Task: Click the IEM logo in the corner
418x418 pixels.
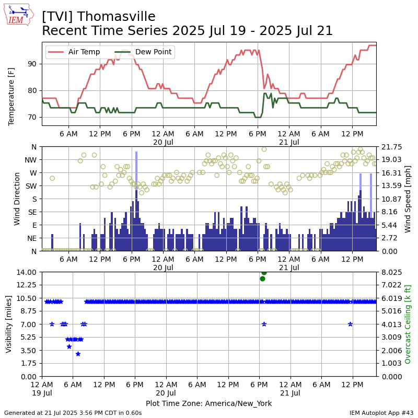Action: [x=19, y=15]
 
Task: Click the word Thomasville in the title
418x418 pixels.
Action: [x=116, y=17]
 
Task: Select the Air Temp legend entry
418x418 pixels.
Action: [x=74, y=52]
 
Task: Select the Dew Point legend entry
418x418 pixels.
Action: [x=143, y=52]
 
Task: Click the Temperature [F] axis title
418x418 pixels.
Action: [x=11, y=97]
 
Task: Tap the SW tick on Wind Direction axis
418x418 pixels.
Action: [x=31, y=186]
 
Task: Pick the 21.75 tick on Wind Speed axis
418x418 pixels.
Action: [x=391, y=147]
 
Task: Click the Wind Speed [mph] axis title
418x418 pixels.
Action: [x=408, y=199]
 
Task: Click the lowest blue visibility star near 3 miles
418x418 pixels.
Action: [x=78, y=354]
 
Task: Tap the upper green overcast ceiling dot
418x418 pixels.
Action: [x=264, y=272]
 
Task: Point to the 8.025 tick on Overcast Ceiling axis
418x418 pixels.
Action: [x=391, y=272]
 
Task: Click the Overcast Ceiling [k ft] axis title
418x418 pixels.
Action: [x=408, y=324]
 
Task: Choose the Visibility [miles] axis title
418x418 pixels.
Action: [x=8, y=324]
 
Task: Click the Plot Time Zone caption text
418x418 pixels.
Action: [x=208, y=403]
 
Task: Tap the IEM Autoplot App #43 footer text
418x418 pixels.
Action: [x=381, y=413]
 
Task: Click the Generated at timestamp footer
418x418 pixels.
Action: [x=73, y=413]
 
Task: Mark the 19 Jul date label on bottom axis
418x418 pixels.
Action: [x=42, y=393]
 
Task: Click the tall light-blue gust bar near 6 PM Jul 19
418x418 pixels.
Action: [x=136, y=171]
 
